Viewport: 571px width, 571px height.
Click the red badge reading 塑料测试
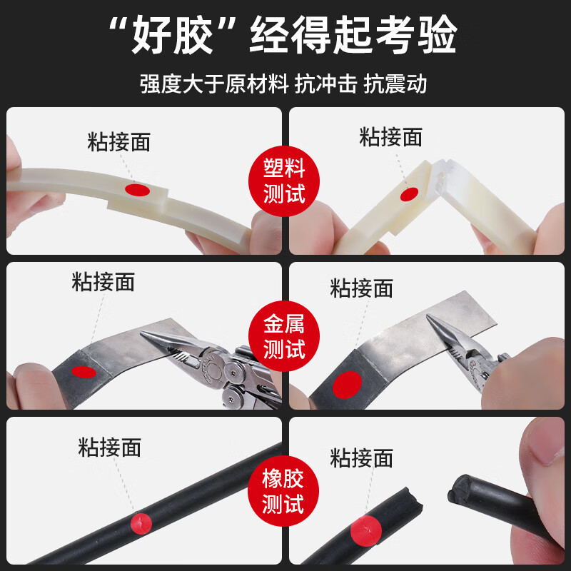pos(284,181)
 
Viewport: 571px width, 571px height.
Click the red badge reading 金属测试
pos(284,338)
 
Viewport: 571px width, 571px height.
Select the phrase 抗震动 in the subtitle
pos(395,84)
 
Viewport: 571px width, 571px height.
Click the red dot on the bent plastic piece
pos(408,194)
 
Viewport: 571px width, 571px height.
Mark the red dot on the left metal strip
pos(84,371)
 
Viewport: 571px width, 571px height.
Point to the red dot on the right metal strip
pos(348,385)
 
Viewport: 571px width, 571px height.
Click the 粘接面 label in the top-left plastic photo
pos(119,141)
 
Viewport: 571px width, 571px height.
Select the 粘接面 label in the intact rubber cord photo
pos(109,448)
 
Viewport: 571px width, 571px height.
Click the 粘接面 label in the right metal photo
pos(361,288)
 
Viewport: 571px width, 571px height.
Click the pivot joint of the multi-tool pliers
pos(232,370)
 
